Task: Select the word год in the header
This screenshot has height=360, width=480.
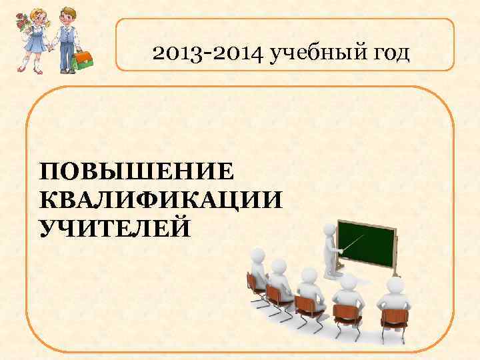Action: pos(384,52)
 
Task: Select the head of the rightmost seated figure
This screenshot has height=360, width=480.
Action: pos(394,287)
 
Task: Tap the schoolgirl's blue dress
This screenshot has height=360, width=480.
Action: pos(35,41)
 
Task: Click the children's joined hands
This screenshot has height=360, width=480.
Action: pos(49,49)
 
